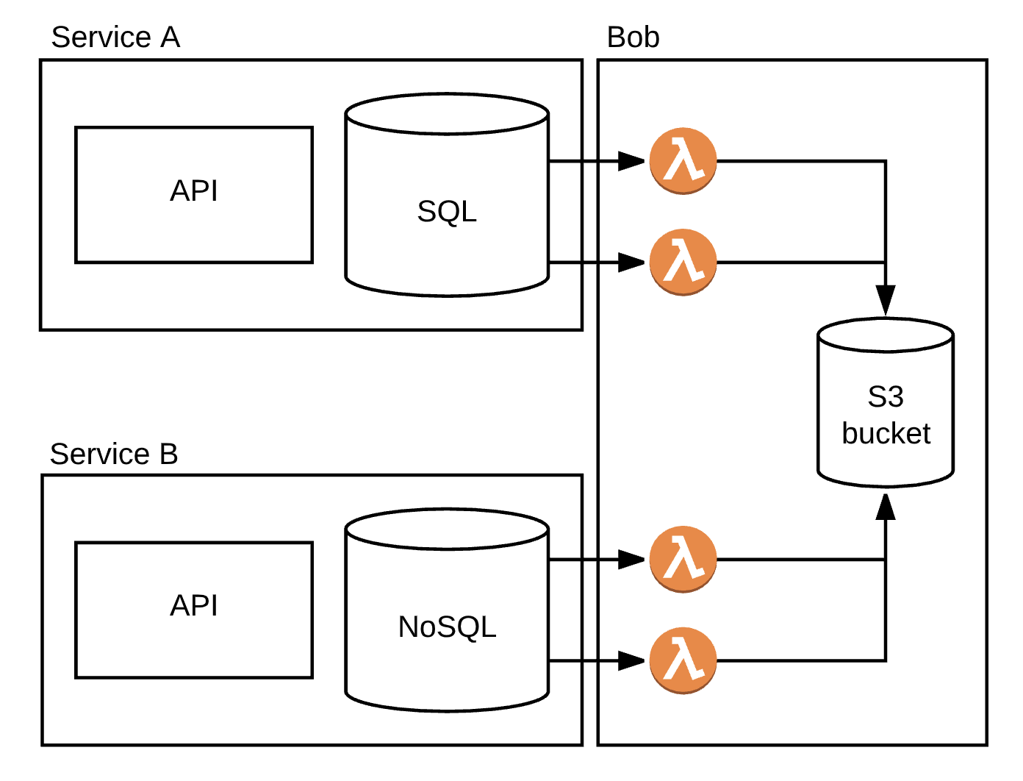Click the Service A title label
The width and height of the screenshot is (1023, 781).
[115, 38]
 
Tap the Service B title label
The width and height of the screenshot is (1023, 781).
[114, 454]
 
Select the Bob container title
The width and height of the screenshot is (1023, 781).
[633, 38]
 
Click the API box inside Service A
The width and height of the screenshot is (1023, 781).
[194, 194]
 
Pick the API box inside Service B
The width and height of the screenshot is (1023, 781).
[194, 609]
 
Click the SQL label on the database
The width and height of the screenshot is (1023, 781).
[447, 212]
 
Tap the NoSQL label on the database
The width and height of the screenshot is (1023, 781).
[447, 627]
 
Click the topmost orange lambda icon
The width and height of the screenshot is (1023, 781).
[683, 161]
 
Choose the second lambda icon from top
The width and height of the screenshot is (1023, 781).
[683, 262]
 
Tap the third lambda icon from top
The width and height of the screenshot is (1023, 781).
[683, 560]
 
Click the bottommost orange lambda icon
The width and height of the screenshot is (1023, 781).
[683, 660]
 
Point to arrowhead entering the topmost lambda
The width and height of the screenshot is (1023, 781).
[631, 161]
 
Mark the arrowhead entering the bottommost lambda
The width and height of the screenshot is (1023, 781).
[631, 660]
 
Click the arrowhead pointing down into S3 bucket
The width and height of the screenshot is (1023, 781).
[886, 300]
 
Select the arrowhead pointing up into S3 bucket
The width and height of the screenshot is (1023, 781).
[886, 507]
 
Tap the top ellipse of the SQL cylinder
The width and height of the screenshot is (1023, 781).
[447, 115]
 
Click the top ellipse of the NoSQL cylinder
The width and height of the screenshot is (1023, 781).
[447, 529]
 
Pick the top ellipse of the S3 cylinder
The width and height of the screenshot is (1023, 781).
[886, 335]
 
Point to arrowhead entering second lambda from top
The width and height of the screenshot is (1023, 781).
[631, 262]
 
